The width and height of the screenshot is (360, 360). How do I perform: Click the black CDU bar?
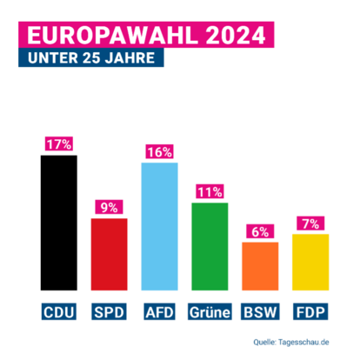(58, 223)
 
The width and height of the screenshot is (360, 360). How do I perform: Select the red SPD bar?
(109, 254)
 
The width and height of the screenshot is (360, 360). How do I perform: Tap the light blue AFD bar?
(159, 226)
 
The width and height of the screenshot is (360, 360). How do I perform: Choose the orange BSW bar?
(260, 266)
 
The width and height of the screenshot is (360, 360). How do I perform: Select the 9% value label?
(109, 208)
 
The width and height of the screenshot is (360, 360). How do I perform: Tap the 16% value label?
(159, 152)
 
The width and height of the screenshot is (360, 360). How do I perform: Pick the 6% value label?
(260, 232)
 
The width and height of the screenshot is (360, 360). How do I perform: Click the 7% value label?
(310, 224)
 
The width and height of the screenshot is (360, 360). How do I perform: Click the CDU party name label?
(58, 310)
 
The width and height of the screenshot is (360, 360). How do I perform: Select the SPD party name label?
(109, 310)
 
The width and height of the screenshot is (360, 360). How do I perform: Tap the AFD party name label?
(159, 310)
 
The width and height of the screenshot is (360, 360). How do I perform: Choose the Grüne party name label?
(210, 310)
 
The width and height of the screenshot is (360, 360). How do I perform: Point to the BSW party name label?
(260, 310)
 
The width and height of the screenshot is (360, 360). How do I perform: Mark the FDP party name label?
(310, 310)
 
